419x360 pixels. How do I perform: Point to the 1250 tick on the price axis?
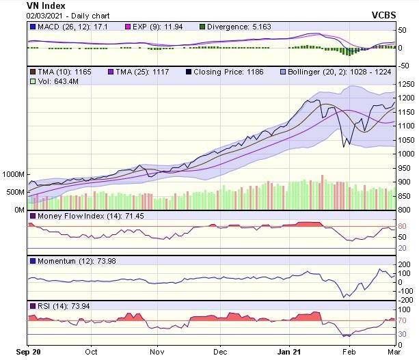click(x=408, y=83)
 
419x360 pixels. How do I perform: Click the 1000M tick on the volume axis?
click(x=13, y=174)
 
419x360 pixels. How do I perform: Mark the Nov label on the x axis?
click(x=158, y=352)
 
